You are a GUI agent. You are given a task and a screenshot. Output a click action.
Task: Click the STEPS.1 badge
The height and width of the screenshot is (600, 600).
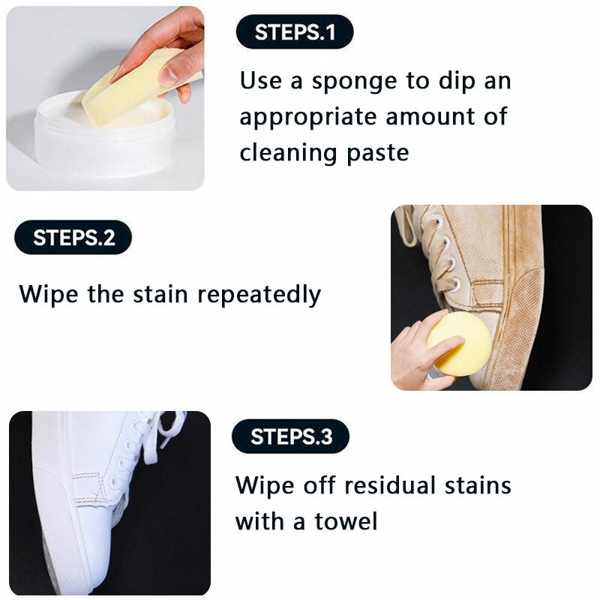pyautogui.click(x=295, y=31)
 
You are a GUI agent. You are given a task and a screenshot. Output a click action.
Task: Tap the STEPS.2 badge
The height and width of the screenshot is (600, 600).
pyautogui.click(x=73, y=238)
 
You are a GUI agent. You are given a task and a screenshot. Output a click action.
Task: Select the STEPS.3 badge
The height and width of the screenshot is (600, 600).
pyautogui.click(x=290, y=436)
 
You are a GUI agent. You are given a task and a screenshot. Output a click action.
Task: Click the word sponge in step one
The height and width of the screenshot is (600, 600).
pyautogui.click(x=354, y=82)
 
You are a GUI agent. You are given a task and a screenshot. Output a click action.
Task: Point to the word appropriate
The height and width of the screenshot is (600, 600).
pyautogui.click(x=308, y=118)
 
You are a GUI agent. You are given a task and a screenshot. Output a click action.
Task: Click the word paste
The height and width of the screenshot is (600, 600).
pyautogui.click(x=378, y=154)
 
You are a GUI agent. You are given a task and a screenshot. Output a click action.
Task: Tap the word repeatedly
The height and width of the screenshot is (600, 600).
pyautogui.click(x=259, y=295)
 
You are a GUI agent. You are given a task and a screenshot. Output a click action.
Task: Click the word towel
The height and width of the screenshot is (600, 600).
pyautogui.click(x=346, y=520)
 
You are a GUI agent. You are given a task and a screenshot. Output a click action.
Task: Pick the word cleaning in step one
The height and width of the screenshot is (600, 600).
pyautogui.click(x=288, y=152)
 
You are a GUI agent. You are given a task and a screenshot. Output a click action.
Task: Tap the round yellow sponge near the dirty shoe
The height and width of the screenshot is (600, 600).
pyautogui.click(x=458, y=344)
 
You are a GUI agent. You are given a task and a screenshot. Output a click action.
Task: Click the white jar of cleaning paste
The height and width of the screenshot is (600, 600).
pyautogui.click(x=104, y=134)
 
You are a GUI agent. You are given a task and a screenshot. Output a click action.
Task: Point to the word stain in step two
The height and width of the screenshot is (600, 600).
pyautogui.click(x=160, y=295)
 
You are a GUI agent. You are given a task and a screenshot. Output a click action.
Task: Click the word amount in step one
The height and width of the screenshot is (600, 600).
pyautogui.click(x=430, y=117)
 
